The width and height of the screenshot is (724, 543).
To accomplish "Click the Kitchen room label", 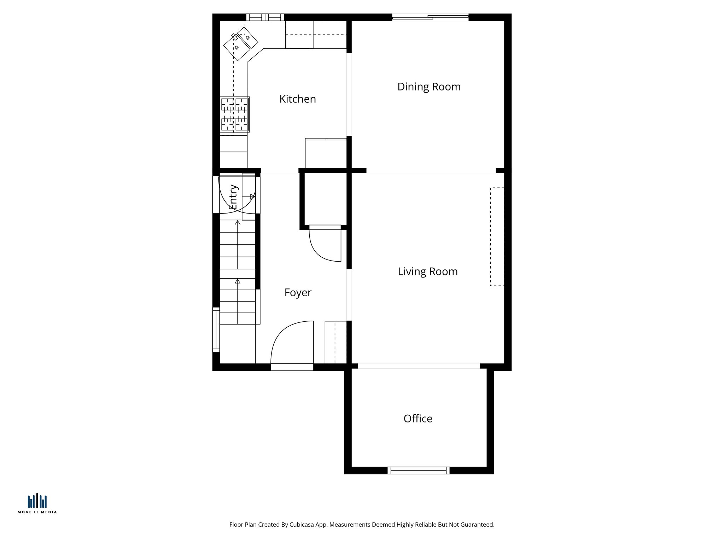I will point(297,99).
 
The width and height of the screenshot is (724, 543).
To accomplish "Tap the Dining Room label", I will point(429,87).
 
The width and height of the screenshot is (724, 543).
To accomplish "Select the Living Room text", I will point(427,271).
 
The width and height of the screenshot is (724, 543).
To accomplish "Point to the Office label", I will point(418,419).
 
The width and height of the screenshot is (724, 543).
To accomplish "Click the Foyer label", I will point(298,293).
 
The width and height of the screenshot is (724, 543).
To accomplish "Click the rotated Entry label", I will point(233,197).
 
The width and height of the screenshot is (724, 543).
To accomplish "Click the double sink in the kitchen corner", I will point(241,43).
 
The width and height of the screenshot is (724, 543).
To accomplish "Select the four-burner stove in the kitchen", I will point(234,115).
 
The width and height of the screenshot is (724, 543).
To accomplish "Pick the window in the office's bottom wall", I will point(418,470).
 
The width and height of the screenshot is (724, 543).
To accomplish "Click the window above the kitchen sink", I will point(265,17).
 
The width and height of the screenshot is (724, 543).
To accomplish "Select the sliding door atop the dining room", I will point(430,17).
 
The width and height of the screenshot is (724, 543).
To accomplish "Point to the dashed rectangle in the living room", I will point(497,237).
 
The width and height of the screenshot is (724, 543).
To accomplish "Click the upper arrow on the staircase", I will point(238,223).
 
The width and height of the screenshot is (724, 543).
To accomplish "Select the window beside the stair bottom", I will point(216,329).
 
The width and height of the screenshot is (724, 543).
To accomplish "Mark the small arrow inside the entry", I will point(252,196).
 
